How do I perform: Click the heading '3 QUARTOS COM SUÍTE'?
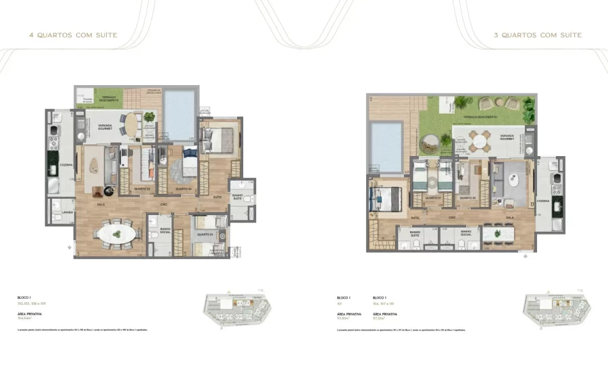(537, 35)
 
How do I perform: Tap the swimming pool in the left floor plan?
(179, 108)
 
